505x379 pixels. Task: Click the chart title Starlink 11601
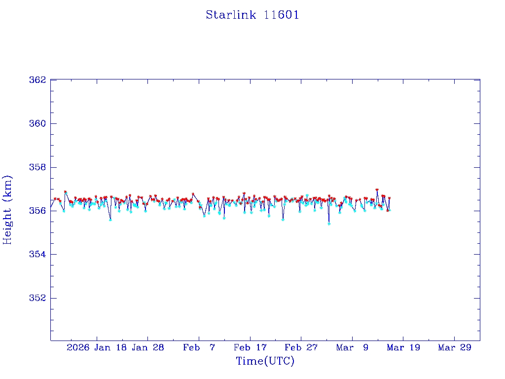pos(252,15)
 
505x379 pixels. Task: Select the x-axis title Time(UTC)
pos(265,361)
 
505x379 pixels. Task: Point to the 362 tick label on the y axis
pos(37,80)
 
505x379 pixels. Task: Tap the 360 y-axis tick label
pos(37,123)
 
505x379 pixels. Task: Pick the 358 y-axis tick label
pos(37,167)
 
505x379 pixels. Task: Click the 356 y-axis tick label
pos(37,211)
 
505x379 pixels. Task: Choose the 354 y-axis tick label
pos(37,255)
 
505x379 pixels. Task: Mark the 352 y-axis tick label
pos(37,298)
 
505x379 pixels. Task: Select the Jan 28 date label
pos(147,347)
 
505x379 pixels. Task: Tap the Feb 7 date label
pos(199,347)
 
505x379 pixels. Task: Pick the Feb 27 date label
pos(301,347)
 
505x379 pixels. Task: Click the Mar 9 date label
pos(352,347)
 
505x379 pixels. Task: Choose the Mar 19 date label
pos(403,347)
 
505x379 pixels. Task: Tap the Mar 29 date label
pos(454,347)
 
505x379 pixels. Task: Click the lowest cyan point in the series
pos(329,224)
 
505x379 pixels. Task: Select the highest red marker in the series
pos(377,189)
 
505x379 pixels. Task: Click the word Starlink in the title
pos(231,15)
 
